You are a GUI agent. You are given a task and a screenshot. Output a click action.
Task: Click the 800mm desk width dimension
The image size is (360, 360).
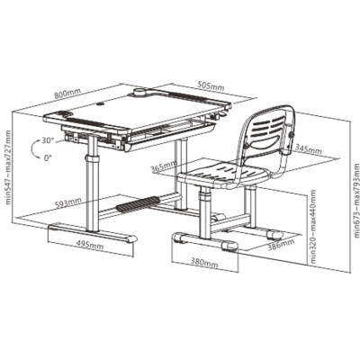pyautogui.click(x=66, y=94)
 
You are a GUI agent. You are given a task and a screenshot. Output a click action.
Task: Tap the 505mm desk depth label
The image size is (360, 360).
pyautogui.click(x=211, y=86)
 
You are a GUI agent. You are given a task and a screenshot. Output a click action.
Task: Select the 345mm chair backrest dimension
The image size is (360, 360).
pyautogui.click(x=308, y=149)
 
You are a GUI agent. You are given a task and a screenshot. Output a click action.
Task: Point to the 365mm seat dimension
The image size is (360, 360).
pyautogui.click(x=164, y=167)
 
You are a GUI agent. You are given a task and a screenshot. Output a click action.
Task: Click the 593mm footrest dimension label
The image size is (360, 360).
pyautogui.click(x=68, y=203)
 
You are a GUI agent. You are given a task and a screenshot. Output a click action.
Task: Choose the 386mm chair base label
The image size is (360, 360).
pyautogui.click(x=281, y=241)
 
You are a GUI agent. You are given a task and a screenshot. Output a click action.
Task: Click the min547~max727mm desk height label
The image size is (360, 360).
pyautogui.click(x=8, y=167)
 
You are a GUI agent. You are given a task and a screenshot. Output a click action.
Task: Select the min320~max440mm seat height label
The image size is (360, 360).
pyautogui.click(x=313, y=227)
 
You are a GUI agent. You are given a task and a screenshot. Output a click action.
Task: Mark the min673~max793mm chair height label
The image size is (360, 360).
pyautogui.click(x=356, y=200)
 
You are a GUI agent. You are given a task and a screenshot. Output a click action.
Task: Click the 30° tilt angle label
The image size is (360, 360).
pyautogui.click(x=48, y=140)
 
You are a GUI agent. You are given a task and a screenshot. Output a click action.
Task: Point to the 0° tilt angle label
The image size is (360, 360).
pyautogui.click(x=48, y=157)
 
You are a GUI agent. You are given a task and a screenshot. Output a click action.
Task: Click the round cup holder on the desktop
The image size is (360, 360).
pyautogui.click(x=139, y=92)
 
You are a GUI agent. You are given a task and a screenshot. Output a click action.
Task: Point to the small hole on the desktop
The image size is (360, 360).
pyautogui.click(x=99, y=104)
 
